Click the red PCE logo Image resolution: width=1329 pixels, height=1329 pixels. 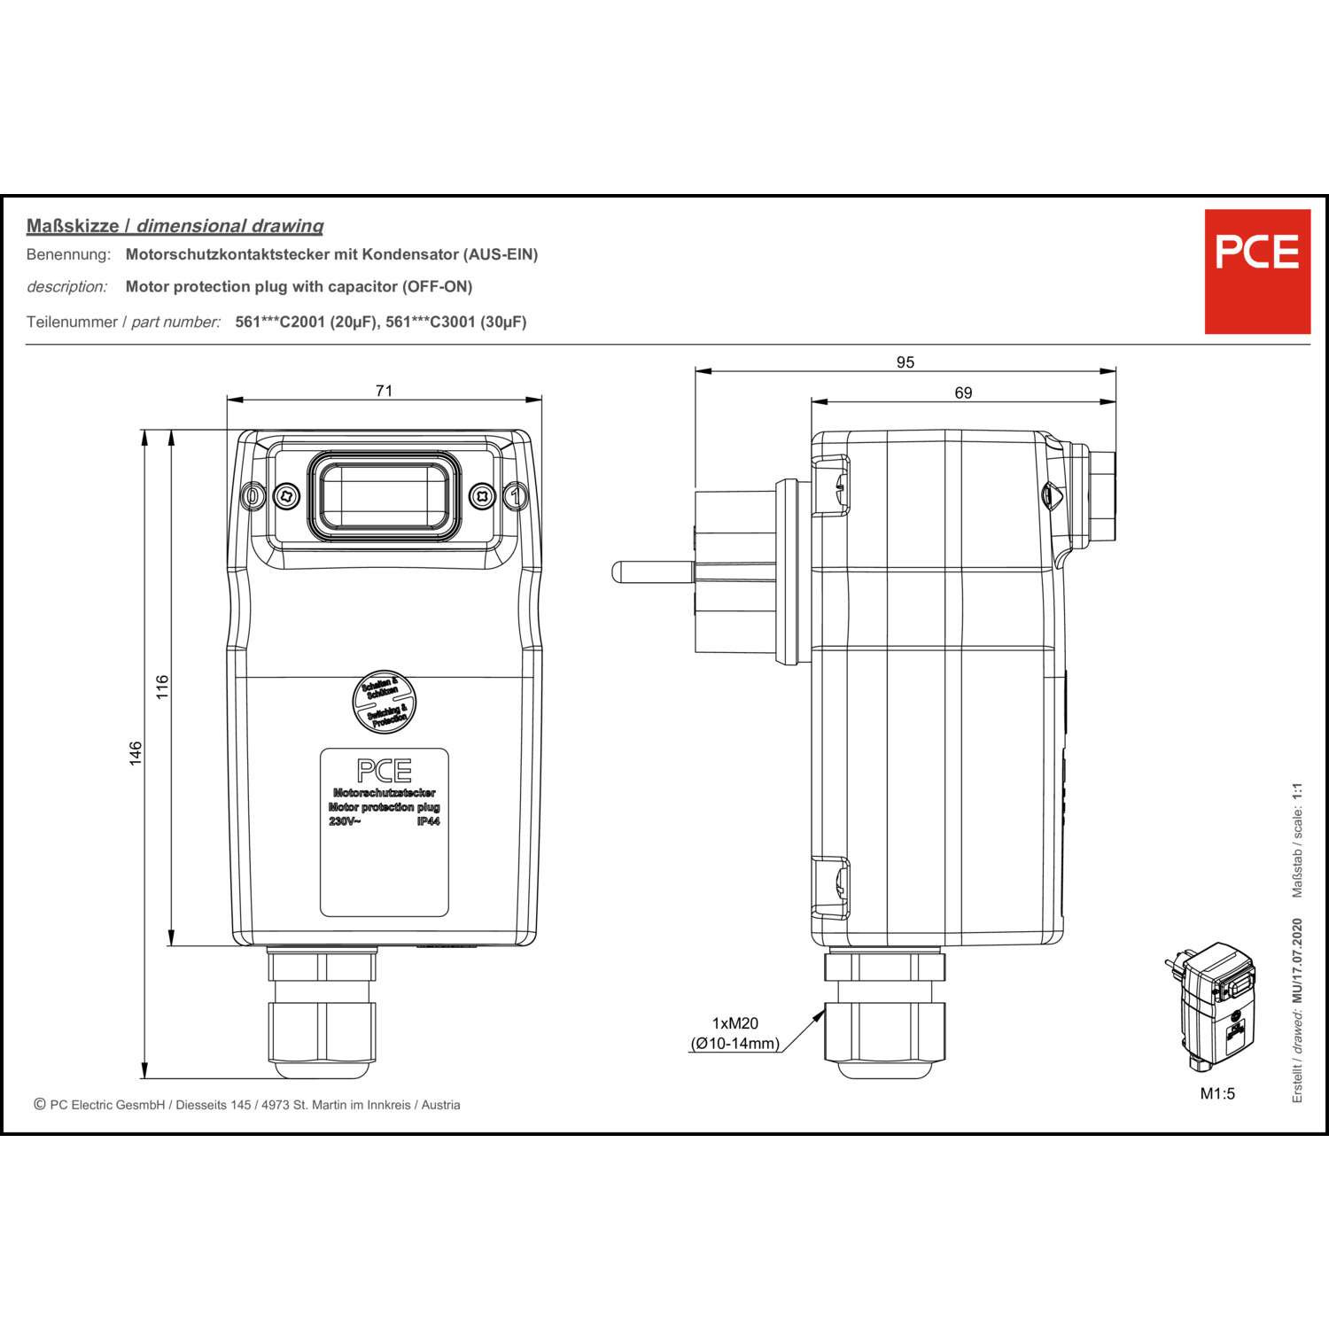[x=1256, y=271]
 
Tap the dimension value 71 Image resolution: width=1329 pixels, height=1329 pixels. [x=384, y=391]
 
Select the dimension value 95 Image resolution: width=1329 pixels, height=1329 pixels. [x=905, y=362]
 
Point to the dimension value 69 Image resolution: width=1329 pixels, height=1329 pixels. [x=963, y=392]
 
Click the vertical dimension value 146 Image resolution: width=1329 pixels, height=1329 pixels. [x=136, y=753]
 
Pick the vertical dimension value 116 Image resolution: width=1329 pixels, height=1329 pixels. [x=162, y=687]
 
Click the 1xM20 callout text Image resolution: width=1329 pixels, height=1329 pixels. [x=735, y=1023]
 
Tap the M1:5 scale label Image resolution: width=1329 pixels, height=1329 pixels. [x=1217, y=1093]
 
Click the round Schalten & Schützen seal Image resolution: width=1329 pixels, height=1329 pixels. [x=385, y=702]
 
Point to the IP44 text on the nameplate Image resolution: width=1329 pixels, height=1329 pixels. [x=428, y=821]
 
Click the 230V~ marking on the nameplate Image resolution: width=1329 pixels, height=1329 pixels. [x=345, y=821]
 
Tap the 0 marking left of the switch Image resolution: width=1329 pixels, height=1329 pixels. [x=253, y=496]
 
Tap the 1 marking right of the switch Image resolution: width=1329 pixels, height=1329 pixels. [x=516, y=496]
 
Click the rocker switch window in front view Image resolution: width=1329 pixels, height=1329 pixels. [x=384, y=496]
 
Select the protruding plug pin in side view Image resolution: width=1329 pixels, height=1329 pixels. [x=651, y=571]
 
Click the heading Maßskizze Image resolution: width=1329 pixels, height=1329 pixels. [x=73, y=226]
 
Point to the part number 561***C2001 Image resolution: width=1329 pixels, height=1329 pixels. [x=279, y=322]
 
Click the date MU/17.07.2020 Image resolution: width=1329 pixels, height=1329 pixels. [x=1297, y=961]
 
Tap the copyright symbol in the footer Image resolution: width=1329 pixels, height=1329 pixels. [x=40, y=1104]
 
